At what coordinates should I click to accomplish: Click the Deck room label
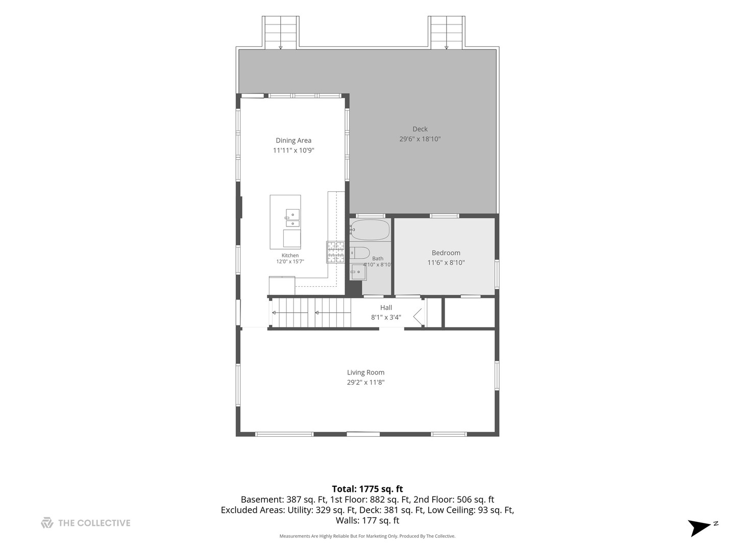tap(420, 129)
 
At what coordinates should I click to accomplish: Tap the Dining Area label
tap(293, 140)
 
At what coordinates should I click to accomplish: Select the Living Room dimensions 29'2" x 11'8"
tap(365, 382)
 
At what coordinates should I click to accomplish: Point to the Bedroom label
tap(446, 253)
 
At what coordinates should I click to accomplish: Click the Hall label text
tap(386, 308)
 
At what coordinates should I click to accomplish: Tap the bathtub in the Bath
tap(370, 230)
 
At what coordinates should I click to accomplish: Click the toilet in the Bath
tap(360, 253)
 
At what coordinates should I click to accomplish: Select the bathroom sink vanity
tap(358, 272)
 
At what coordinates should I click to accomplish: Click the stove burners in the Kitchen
tap(335, 252)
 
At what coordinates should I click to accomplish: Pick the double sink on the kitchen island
tap(292, 218)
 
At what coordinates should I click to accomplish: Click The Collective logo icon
tap(47, 523)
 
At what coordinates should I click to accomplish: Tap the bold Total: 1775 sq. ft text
tap(367, 489)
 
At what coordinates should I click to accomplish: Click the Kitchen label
tap(290, 256)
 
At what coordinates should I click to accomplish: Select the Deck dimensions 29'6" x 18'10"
tap(420, 139)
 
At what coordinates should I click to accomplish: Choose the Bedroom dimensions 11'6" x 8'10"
tap(446, 263)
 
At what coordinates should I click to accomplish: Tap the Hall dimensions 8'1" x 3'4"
tap(386, 317)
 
